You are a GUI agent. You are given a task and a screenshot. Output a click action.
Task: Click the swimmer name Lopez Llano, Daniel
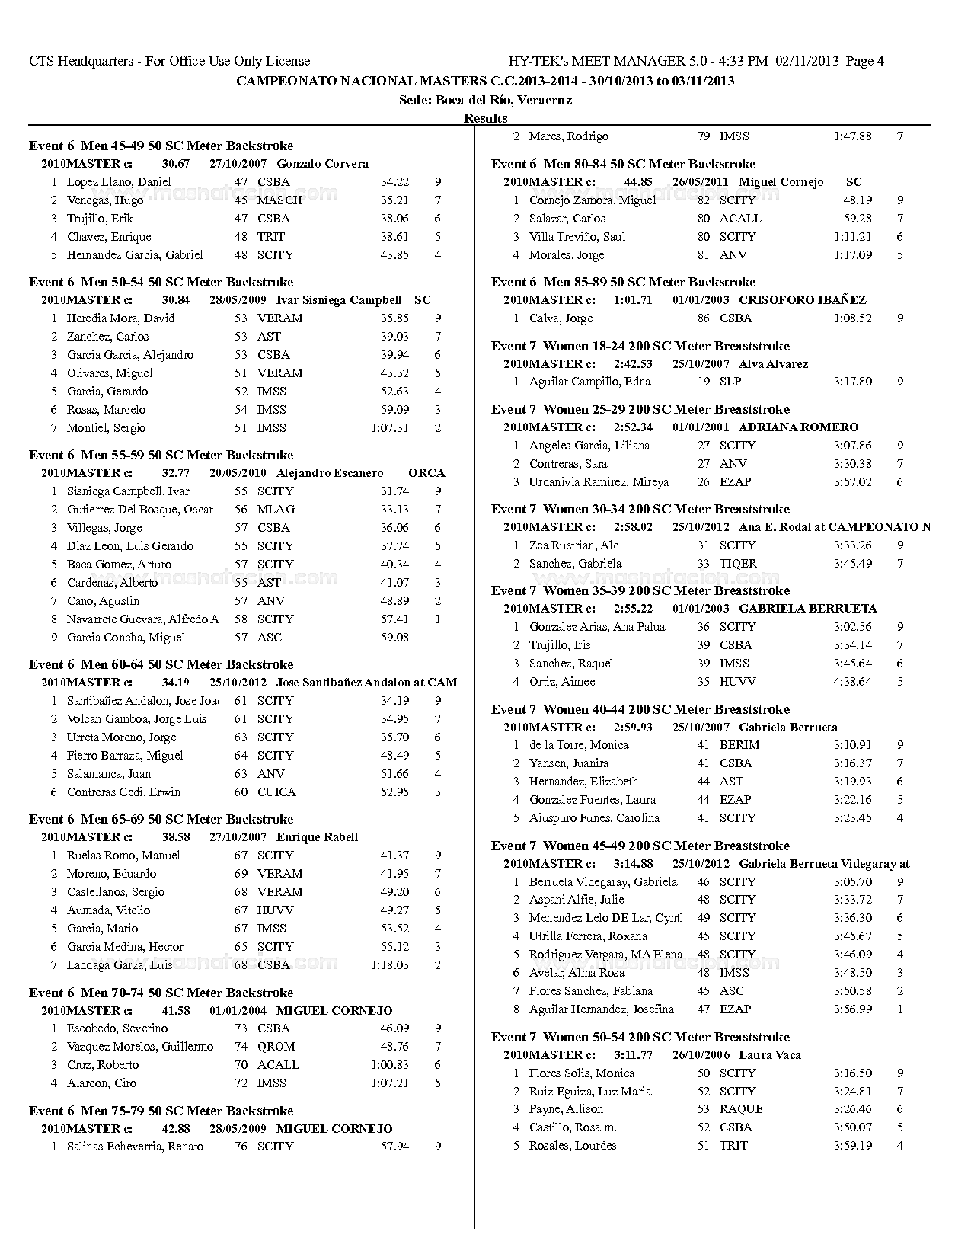click(118, 182)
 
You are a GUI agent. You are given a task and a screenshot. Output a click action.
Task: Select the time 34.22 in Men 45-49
click(394, 182)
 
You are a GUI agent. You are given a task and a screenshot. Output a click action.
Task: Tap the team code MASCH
click(279, 200)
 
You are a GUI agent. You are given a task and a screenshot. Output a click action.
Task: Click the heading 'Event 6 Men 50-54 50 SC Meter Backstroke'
click(161, 282)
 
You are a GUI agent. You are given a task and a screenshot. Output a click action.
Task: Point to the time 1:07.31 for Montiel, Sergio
click(389, 428)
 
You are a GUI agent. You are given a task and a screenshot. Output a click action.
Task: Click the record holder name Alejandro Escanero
click(330, 473)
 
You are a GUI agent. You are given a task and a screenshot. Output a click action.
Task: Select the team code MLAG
click(276, 510)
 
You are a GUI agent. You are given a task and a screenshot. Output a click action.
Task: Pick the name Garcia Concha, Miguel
click(126, 638)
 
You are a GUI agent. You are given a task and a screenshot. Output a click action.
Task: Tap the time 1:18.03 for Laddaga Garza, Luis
click(389, 965)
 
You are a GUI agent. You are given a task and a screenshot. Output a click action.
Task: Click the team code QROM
click(276, 1047)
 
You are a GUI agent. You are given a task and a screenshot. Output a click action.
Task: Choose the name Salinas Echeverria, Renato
click(135, 1147)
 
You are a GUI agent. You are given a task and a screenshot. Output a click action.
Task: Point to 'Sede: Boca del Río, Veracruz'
click(485, 100)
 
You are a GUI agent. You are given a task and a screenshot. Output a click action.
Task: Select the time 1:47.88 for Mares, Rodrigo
click(852, 136)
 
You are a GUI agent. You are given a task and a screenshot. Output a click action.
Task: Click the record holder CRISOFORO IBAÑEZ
click(802, 300)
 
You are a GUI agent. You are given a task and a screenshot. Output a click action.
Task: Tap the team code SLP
click(730, 382)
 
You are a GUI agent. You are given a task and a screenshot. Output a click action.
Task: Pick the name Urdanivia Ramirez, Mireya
click(599, 482)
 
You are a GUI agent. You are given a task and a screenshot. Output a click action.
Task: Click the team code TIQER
click(737, 564)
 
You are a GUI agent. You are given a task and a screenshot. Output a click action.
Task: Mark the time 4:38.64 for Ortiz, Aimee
click(852, 682)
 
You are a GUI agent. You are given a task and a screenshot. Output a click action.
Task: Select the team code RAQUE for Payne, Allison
click(740, 1109)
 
